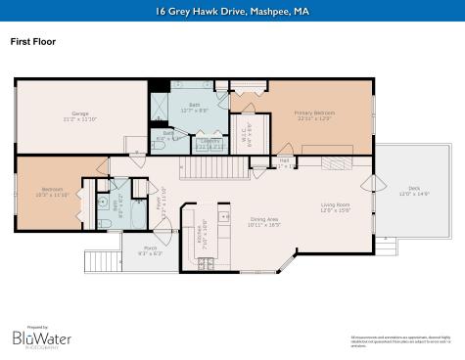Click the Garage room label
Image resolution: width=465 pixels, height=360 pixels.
(80, 113)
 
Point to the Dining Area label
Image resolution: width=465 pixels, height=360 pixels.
(265, 219)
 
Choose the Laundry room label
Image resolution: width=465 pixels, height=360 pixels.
(209, 142)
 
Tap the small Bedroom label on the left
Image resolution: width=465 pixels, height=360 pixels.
(52, 189)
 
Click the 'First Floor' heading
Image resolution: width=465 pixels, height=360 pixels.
(32, 42)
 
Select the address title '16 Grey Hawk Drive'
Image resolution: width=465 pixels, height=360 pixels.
(231, 12)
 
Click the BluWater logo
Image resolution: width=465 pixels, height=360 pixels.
(40, 337)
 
